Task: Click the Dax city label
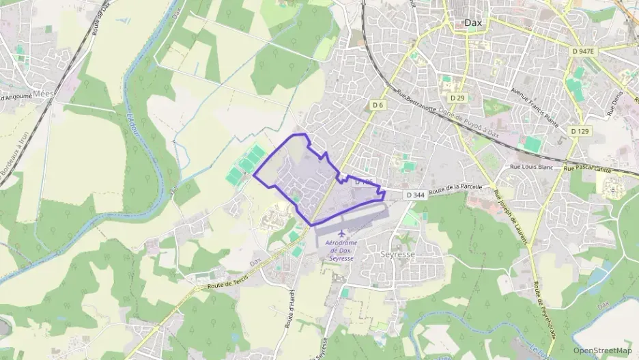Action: coord(472,23)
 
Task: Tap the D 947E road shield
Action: coord(585,51)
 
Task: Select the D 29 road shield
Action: coord(457,98)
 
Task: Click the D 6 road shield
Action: coord(378,105)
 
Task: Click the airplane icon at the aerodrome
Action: coord(342,235)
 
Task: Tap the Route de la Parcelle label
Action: coord(455,189)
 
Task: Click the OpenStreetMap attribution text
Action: coord(602,350)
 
